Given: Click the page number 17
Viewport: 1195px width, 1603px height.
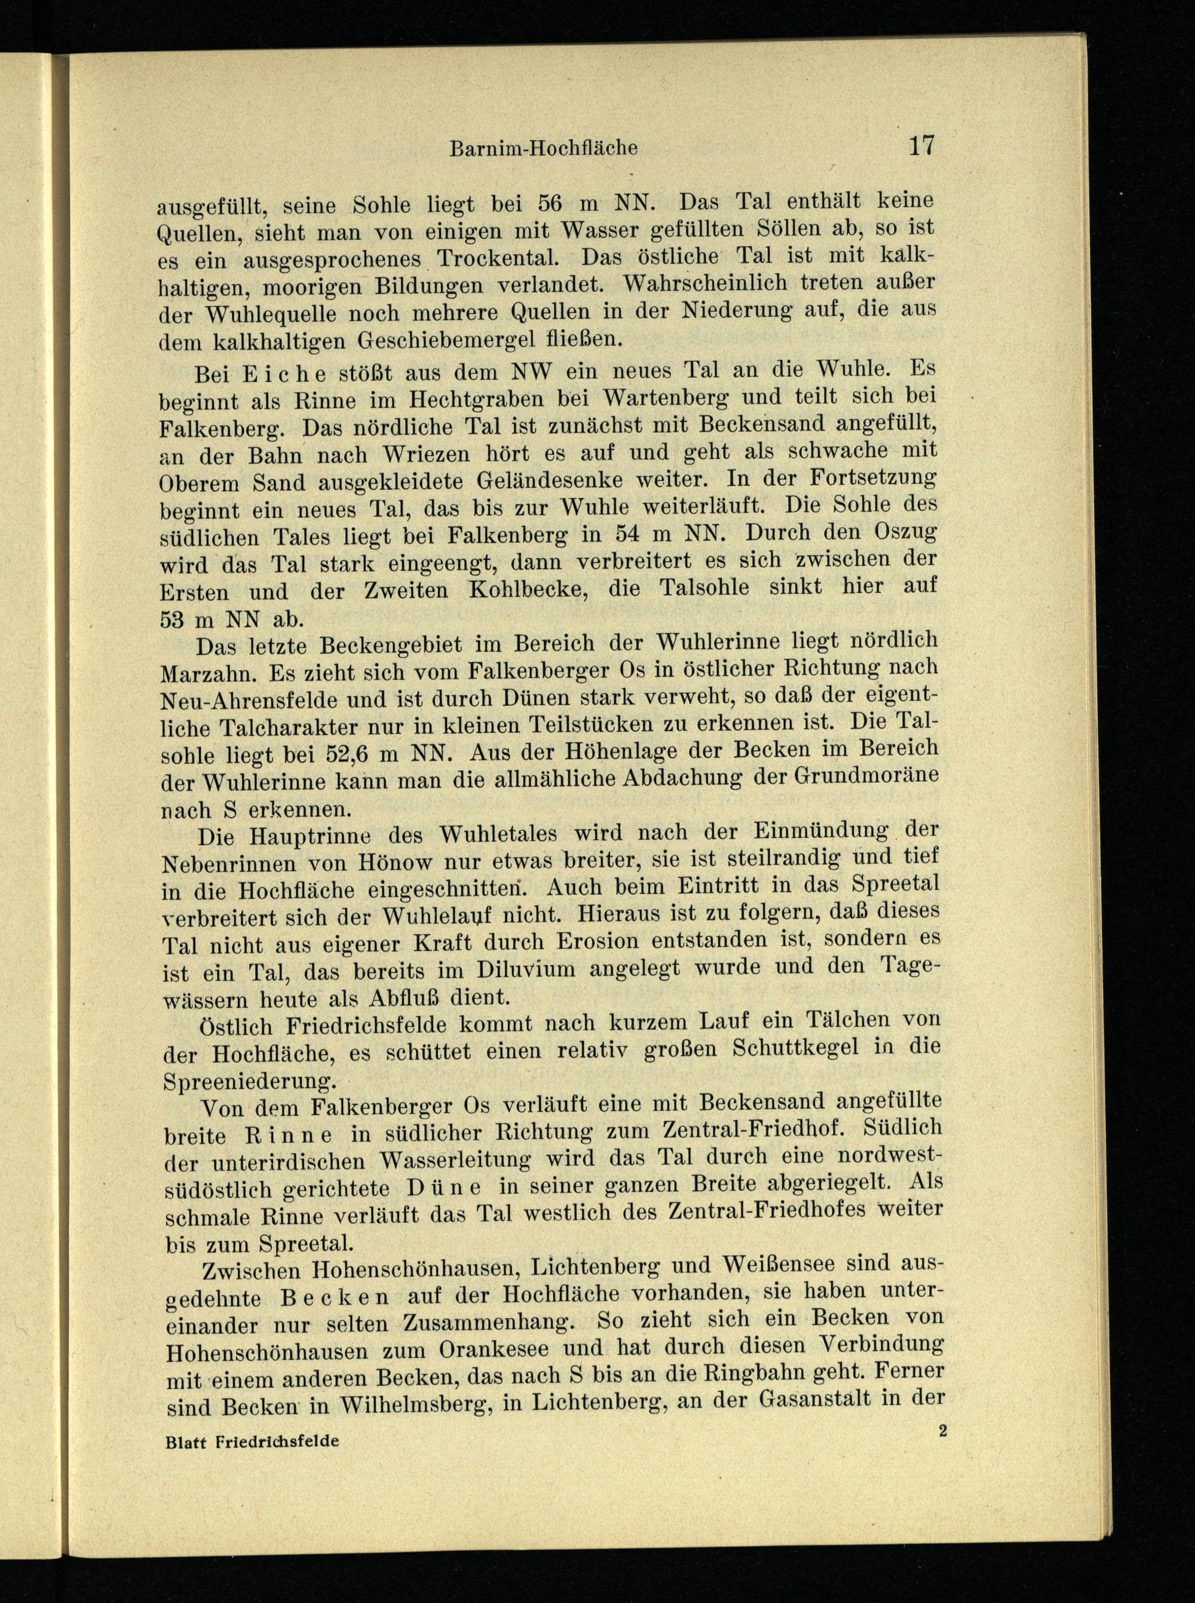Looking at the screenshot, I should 921,145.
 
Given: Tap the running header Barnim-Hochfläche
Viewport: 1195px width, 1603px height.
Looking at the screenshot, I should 543,148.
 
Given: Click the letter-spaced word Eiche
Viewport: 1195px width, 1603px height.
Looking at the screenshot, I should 286,374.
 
